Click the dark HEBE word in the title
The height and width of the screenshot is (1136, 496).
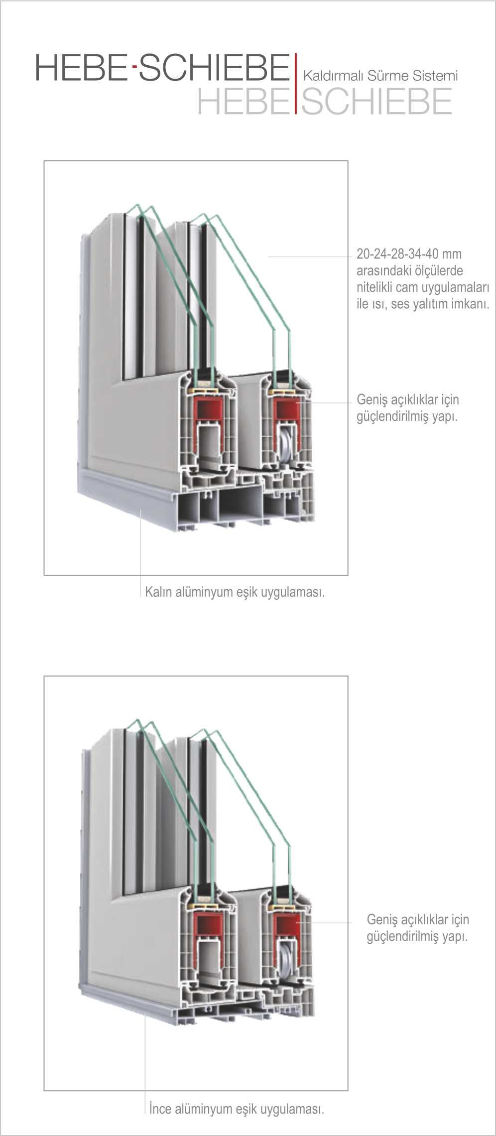[x=81, y=68]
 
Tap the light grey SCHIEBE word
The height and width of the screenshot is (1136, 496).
[x=376, y=101]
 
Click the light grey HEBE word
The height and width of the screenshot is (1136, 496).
[x=243, y=101]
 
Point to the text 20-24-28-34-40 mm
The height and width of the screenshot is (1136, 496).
[x=409, y=254]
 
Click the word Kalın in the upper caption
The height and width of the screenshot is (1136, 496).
[x=159, y=592]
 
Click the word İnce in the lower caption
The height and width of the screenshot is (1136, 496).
[x=161, y=1109]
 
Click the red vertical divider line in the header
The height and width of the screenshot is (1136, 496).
[x=295, y=83]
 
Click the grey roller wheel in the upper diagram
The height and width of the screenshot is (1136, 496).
[x=287, y=445]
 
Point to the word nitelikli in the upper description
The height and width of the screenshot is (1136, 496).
[x=374, y=287]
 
